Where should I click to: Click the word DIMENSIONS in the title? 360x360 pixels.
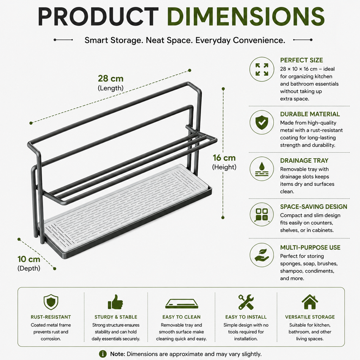245,16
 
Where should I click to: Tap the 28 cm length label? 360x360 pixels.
111,78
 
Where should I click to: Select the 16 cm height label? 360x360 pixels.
224,158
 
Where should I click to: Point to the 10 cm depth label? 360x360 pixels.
29,259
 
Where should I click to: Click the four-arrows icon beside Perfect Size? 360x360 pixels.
262,69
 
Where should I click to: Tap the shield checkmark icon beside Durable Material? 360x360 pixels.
262,122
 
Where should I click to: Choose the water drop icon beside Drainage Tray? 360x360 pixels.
262,169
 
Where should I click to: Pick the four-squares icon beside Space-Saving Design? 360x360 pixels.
262,214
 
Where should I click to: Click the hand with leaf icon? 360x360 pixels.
262,255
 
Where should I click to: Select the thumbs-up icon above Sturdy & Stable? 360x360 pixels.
115,302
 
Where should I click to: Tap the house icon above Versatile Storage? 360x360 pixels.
310,302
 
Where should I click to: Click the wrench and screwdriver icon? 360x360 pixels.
246,302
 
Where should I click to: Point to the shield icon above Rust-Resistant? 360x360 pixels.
51,302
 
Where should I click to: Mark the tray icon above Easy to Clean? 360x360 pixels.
182,303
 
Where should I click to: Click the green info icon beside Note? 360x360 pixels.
103,354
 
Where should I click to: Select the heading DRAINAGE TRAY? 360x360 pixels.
304,160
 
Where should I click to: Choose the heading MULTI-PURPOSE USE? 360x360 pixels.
310,247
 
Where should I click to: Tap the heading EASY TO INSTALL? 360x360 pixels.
246,317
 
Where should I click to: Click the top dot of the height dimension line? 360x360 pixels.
223,89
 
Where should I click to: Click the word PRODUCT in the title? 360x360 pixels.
98,16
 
